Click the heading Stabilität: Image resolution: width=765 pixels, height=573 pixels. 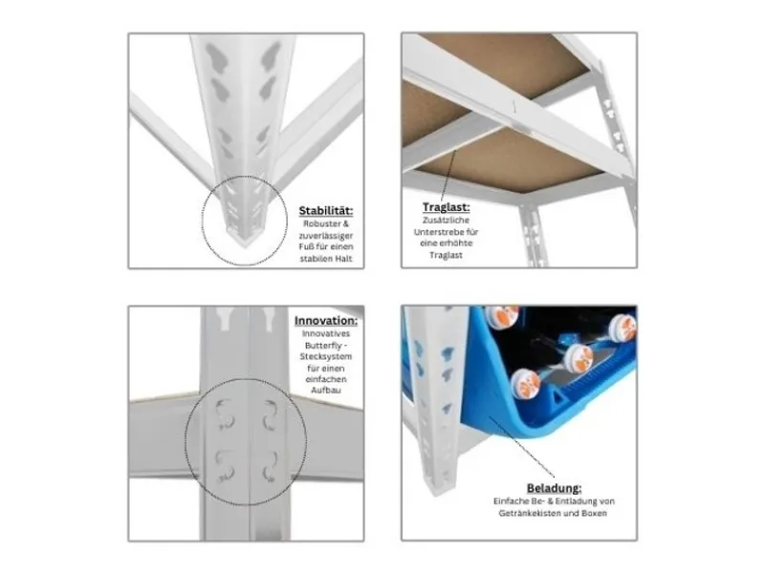[x=326, y=211]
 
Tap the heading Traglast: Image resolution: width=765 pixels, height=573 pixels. [x=446, y=207]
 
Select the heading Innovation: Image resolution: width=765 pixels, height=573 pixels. [x=326, y=321]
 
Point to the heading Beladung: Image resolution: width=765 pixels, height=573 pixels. [x=554, y=488]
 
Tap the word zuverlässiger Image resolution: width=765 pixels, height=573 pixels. [x=326, y=236]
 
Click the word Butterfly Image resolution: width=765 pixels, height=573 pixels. [x=322, y=346]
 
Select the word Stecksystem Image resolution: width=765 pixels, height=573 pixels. [x=326, y=356]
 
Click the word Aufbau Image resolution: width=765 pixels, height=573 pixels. [x=326, y=391]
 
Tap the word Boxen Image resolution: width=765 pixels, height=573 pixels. [x=594, y=513]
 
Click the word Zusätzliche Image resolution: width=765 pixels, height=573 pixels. [x=446, y=221]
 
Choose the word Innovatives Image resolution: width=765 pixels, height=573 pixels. [x=326, y=333]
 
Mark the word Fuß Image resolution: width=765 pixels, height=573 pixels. [x=306, y=247]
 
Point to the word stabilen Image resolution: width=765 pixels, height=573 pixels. [x=316, y=259]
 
